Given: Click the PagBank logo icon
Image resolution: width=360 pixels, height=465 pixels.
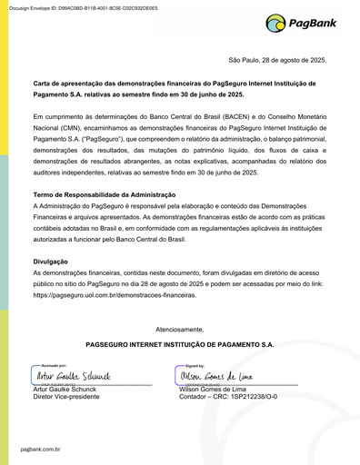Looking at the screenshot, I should (x=276, y=24).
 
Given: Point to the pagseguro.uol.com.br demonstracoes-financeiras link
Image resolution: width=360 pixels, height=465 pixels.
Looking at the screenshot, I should (x=114, y=295).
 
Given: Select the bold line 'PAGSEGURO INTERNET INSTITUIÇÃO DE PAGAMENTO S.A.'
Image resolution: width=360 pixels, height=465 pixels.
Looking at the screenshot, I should (x=179, y=345).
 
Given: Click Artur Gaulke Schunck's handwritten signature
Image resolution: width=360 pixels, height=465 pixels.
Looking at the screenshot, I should (x=73, y=375).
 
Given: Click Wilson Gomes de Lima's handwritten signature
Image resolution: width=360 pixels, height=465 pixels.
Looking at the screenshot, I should (x=215, y=375).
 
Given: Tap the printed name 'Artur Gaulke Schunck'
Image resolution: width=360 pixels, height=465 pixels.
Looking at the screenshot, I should (x=65, y=389).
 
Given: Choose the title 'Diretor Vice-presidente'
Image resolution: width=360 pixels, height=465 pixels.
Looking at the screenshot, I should (x=65, y=397).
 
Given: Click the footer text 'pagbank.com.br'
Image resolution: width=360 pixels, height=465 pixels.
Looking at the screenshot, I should (x=39, y=449).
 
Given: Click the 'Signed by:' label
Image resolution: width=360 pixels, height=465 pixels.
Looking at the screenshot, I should (x=194, y=363).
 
